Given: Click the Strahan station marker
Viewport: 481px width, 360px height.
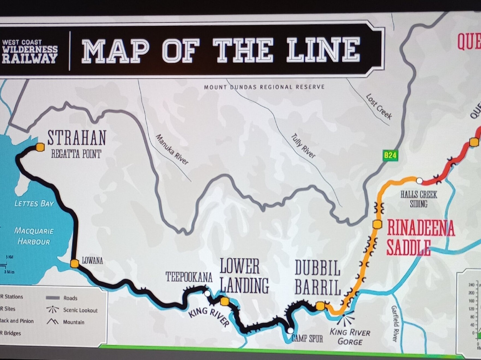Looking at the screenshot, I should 41,147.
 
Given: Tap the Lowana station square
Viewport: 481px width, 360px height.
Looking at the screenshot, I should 74,263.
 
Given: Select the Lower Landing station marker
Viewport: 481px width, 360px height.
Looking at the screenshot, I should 224,302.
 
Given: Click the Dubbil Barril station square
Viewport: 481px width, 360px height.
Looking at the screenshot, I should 320,306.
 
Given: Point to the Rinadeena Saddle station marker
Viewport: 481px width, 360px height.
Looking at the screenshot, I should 377,224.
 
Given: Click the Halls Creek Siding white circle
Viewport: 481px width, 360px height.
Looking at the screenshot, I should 419,180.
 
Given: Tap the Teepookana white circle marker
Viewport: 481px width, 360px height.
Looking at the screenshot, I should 207,293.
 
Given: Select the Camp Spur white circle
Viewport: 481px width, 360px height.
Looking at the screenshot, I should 290,331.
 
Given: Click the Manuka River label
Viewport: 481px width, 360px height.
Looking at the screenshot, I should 171,149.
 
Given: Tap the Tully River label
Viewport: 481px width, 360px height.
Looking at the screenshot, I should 303,146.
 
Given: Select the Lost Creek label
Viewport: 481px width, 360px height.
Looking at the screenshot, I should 379,106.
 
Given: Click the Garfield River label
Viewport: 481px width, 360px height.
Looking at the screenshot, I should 394,323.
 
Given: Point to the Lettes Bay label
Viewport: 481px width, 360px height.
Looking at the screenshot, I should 34,204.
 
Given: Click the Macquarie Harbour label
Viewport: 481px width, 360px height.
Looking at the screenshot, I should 34,236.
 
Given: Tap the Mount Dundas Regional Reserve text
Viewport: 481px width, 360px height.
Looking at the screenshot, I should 264,86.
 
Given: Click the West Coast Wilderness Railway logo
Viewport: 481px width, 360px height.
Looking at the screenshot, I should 30,51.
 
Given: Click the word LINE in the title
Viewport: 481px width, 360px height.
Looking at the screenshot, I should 323,50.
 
